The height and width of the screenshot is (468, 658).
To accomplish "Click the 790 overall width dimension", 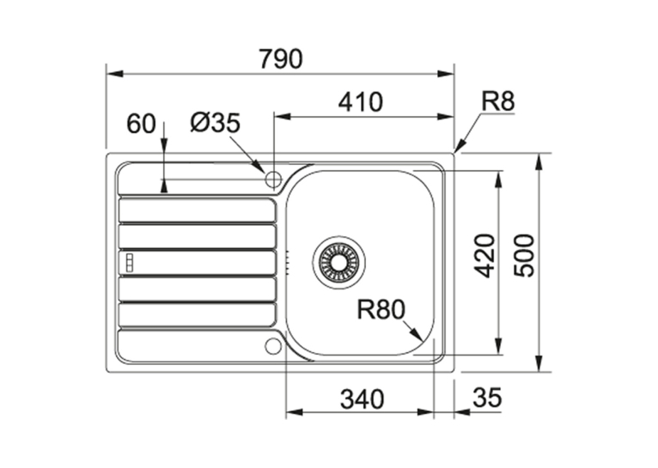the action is click(280, 58).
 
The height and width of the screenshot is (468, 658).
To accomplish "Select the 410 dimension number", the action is click(361, 102).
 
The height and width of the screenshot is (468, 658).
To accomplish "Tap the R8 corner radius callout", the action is click(497, 101).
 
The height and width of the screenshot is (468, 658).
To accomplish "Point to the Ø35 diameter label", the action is click(215, 123).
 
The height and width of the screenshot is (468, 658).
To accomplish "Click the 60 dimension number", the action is click(141, 125).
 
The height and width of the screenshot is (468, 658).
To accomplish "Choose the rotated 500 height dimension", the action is click(525, 256).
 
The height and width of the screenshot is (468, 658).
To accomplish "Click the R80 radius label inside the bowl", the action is click(381, 309).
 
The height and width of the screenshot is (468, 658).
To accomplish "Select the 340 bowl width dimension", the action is click(362, 398).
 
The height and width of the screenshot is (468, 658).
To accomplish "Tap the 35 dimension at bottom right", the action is click(487, 398).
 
